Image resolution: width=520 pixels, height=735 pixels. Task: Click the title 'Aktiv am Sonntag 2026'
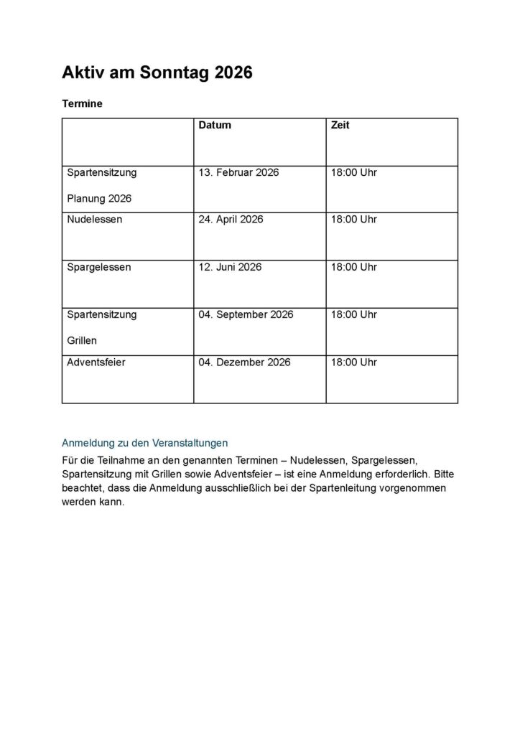click(x=157, y=72)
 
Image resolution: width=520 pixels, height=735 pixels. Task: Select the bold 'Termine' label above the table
click(x=82, y=103)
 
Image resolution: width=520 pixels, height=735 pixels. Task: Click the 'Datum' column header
click(x=215, y=125)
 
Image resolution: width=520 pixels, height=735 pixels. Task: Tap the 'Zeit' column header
click(x=340, y=125)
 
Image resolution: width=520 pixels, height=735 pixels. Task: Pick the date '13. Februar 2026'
click(x=238, y=172)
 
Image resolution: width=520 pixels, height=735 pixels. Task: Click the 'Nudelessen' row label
click(x=94, y=219)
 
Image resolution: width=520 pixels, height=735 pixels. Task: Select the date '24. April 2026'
click(x=231, y=219)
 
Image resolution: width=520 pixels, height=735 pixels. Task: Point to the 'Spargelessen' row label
click(x=98, y=267)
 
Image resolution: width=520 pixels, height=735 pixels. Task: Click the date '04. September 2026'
click(x=246, y=314)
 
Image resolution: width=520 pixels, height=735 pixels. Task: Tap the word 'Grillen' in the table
click(x=82, y=340)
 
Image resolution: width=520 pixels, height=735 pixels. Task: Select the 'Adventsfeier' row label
click(x=96, y=362)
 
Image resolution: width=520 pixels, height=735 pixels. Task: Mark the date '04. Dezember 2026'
click(x=244, y=362)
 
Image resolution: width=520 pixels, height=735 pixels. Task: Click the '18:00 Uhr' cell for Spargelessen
click(x=353, y=267)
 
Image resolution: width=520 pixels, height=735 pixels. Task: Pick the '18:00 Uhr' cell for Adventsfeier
click(x=353, y=362)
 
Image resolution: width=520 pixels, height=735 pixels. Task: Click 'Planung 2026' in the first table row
click(x=99, y=198)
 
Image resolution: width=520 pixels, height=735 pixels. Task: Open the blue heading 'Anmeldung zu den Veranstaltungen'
click(x=145, y=443)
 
